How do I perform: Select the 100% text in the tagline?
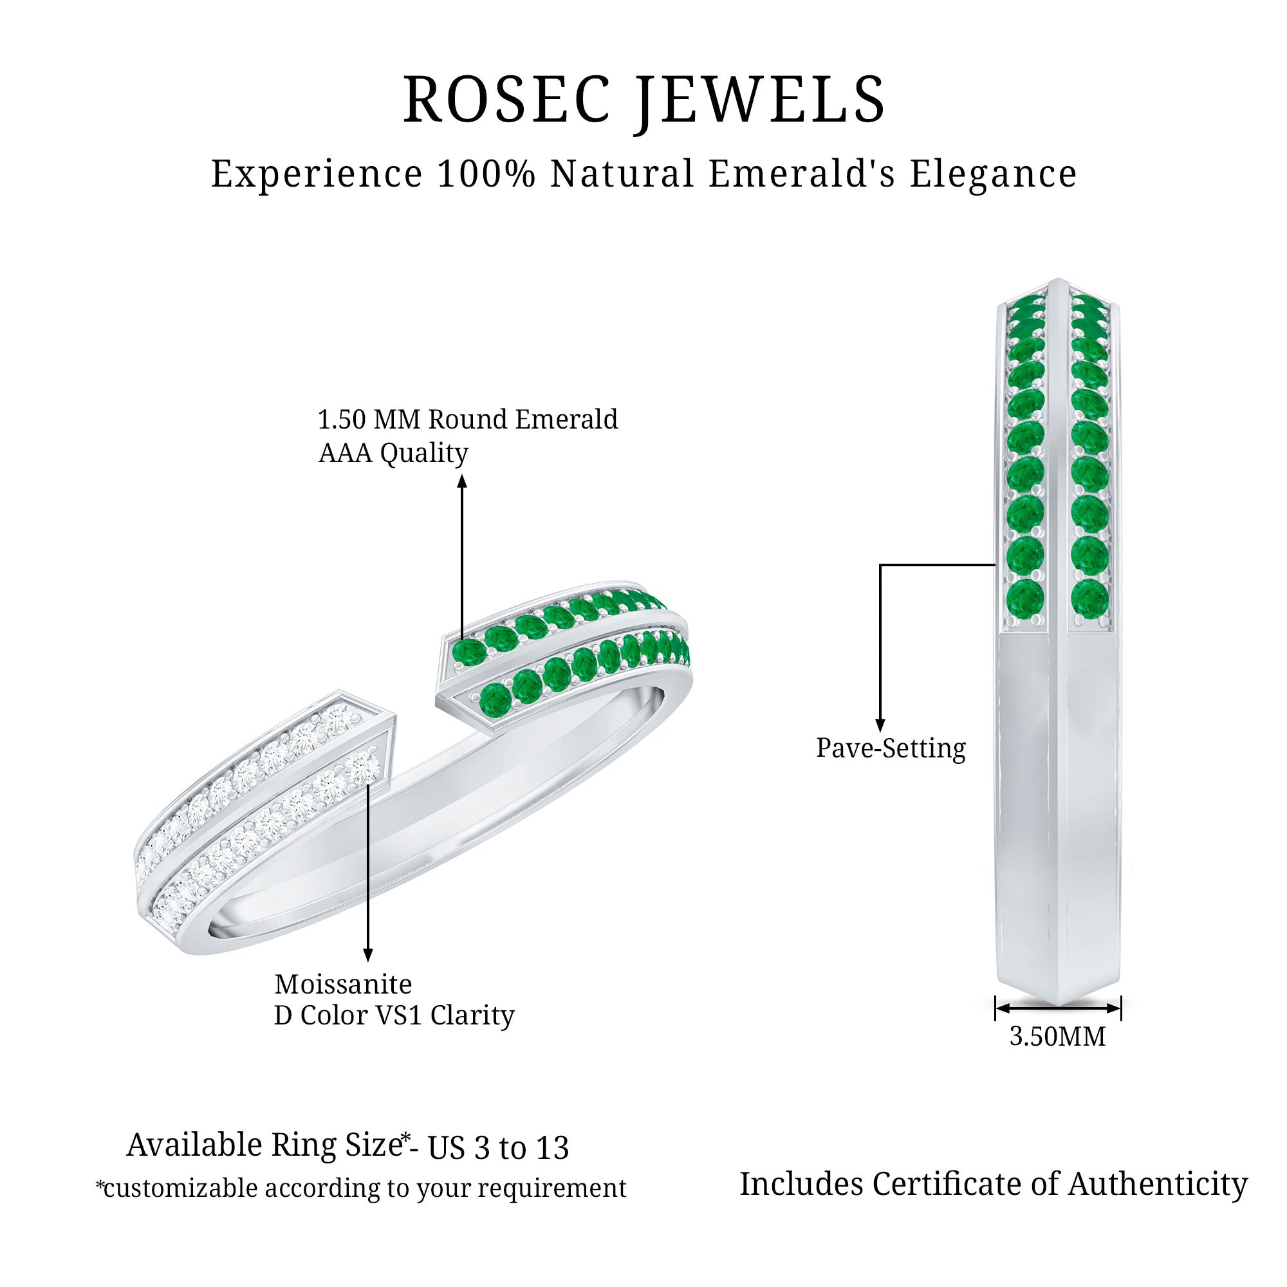(x=486, y=174)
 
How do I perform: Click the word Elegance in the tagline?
(x=992, y=174)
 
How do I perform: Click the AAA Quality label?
(x=393, y=454)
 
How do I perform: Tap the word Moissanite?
(x=343, y=984)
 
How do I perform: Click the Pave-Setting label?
(x=891, y=748)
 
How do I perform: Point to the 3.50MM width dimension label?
(x=1057, y=1037)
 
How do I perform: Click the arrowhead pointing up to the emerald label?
(x=462, y=481)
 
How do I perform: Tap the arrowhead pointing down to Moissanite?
(x=367, y=955)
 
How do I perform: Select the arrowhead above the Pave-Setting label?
(x=880, y=725)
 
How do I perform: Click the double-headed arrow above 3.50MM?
(x=1058, y=1008)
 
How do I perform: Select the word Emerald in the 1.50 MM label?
(x=566, y=420)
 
